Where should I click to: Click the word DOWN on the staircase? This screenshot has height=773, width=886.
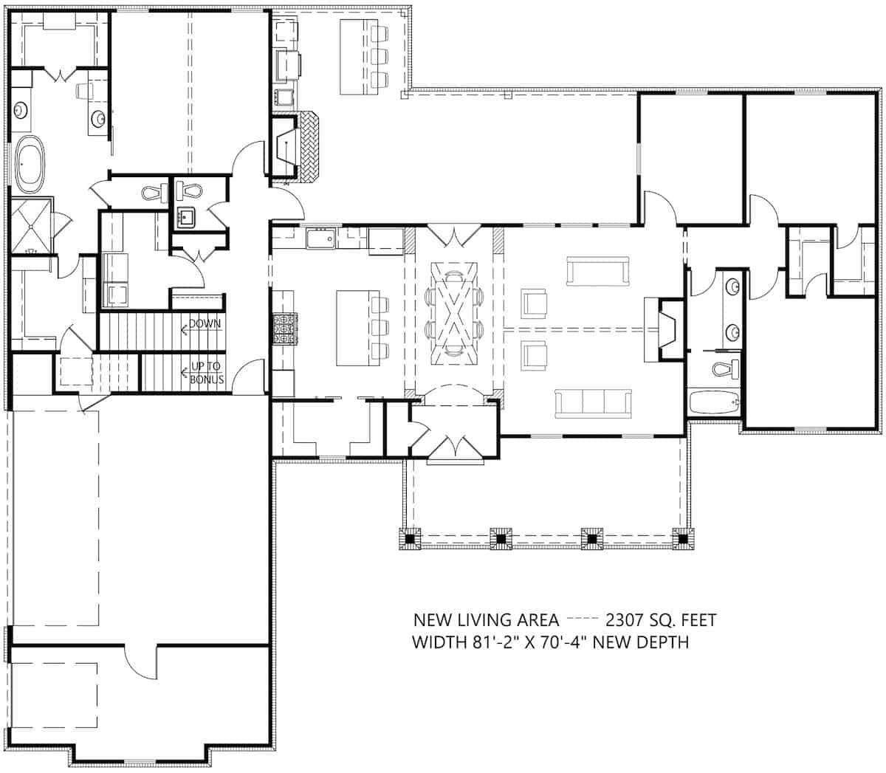[204, 323]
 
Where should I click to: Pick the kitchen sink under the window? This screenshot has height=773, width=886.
[321, 238]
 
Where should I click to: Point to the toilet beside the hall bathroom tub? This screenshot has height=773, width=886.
[724, 368]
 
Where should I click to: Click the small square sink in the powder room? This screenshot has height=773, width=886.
[185, 217]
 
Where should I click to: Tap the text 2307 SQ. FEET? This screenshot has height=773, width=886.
[660, 619]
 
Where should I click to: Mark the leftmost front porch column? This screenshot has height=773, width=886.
[410, 540]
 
